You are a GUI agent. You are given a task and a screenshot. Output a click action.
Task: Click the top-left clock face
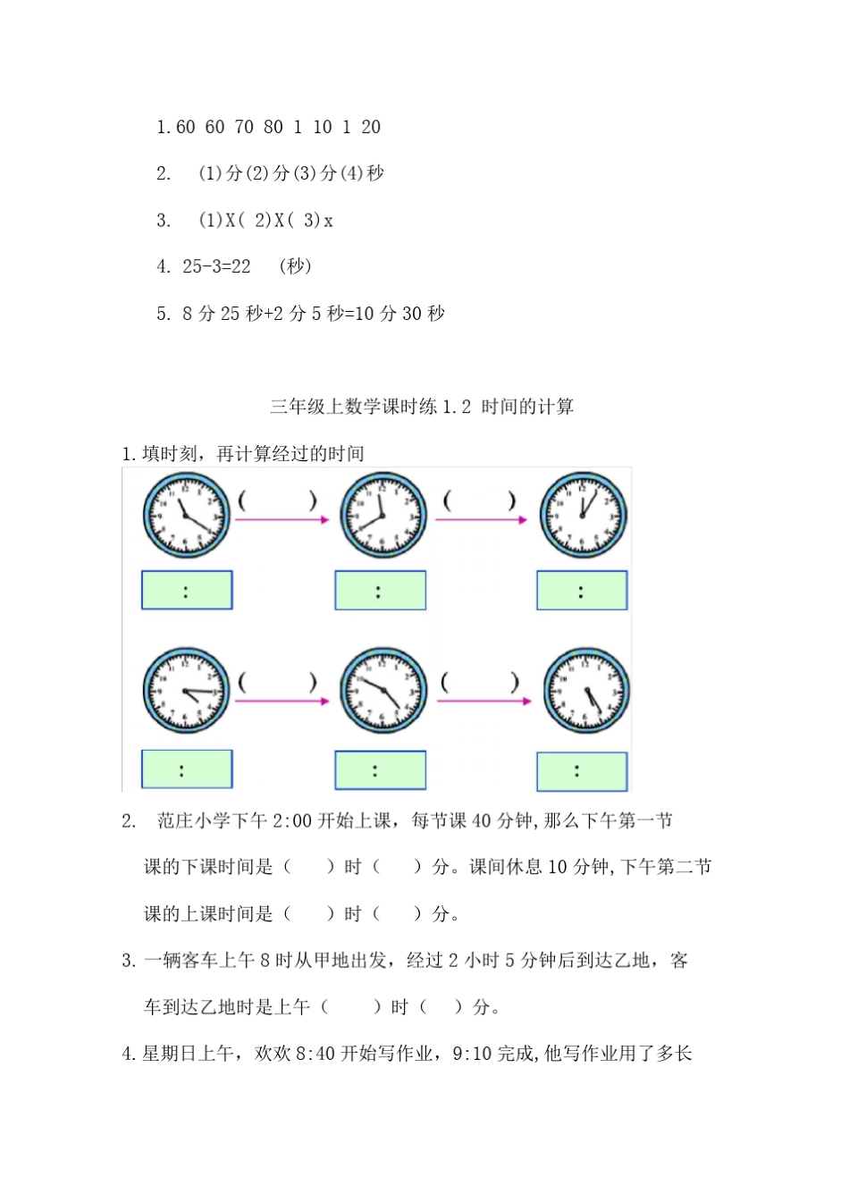187,517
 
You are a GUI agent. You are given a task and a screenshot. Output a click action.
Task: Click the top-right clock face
583,517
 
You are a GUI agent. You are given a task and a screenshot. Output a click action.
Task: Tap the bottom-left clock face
187,692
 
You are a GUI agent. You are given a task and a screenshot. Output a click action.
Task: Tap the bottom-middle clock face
383,692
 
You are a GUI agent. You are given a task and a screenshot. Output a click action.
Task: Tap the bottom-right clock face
586,692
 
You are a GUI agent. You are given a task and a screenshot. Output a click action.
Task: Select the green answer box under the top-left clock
187,591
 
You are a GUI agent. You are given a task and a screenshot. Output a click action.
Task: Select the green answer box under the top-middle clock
380,591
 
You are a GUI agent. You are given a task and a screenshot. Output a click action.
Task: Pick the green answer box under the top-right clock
582,591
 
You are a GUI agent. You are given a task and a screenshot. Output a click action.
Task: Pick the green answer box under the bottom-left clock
187,769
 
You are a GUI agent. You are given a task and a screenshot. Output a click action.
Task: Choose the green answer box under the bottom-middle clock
380,770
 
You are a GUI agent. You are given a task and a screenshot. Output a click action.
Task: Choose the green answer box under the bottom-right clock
582,771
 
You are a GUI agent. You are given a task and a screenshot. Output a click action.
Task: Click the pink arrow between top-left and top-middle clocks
283,519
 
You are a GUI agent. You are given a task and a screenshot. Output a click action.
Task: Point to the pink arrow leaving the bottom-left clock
283,701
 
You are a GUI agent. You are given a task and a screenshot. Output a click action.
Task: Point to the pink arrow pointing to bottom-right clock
484,701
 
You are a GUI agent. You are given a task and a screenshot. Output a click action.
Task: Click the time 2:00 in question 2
294,820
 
